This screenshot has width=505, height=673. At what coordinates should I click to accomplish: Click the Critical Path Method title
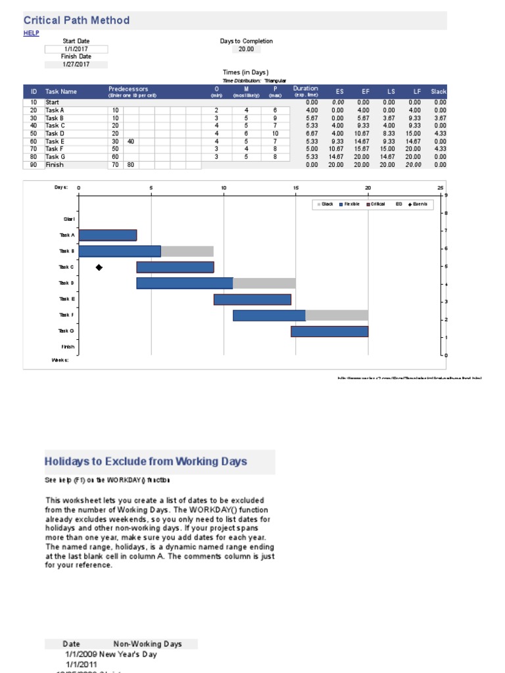coord(77,20)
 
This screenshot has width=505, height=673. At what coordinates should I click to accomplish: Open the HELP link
coord(32,33)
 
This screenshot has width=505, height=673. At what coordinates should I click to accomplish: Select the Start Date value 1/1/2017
coord(76,49)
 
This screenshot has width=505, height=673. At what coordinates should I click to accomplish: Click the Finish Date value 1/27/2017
coord(76,64)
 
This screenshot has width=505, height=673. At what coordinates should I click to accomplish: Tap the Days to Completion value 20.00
coord(246,49)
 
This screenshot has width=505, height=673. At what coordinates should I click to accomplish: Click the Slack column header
coord(439,91)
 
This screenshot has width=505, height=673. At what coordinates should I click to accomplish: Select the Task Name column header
coord(61,92)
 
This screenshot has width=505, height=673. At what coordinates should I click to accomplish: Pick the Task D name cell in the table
coord(55,133)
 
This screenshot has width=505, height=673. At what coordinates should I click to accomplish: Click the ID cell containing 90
coord(33,165)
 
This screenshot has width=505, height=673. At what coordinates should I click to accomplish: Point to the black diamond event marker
coord(99,267)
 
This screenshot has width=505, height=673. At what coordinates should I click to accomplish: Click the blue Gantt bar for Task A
coord(108,235)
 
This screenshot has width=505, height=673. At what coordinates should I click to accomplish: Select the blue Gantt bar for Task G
coord(329,331)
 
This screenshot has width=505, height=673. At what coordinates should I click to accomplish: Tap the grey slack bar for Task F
coord(337,315)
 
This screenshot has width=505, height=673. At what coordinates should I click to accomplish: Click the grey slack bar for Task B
coord(187,251)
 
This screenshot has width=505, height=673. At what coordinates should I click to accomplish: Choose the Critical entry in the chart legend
coord(377,204)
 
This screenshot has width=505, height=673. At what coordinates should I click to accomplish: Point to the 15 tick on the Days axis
coord(296,188)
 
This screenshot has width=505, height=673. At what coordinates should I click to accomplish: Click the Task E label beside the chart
coord(67,299)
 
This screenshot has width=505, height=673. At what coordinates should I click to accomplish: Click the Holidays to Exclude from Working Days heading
coord(146,461)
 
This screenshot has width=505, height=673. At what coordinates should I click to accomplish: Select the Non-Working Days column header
coord(147,644)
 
